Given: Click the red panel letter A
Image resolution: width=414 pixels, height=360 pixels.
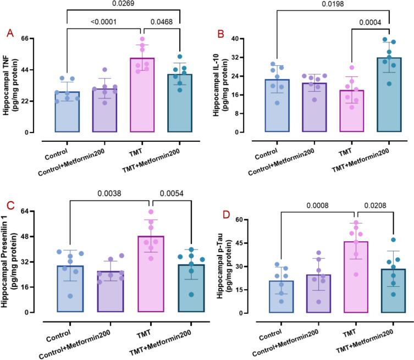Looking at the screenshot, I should coord(10,34).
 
